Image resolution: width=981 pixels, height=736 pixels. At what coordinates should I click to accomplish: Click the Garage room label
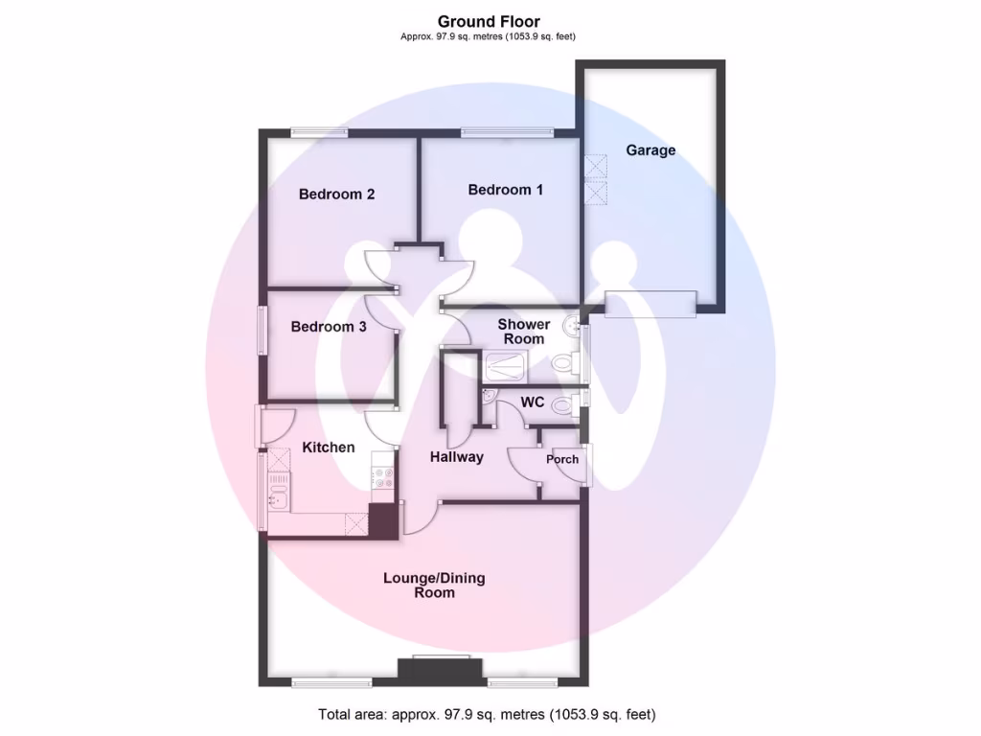650,150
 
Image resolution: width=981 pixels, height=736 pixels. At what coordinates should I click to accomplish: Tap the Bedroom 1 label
505,190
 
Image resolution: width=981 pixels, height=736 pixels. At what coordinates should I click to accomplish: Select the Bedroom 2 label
336,195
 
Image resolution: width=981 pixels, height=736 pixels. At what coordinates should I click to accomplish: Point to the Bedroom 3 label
329,327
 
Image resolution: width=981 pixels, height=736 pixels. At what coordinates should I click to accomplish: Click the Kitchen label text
329,448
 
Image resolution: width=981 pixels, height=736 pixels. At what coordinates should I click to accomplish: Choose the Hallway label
456,457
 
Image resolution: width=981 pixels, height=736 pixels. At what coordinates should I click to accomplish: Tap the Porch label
562,459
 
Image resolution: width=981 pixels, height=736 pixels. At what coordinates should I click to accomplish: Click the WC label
533,402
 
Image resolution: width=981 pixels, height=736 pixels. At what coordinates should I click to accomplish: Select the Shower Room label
523,332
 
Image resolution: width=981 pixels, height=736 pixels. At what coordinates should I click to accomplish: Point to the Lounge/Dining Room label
434,585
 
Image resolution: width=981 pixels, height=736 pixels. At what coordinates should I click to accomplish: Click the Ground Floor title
489,21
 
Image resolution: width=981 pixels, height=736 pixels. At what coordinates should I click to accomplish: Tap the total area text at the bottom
487,714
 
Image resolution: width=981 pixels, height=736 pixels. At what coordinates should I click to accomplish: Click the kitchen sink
278,497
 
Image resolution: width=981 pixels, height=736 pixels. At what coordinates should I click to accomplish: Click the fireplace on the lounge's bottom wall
441,670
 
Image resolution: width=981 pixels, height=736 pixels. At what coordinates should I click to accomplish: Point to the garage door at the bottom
650,303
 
